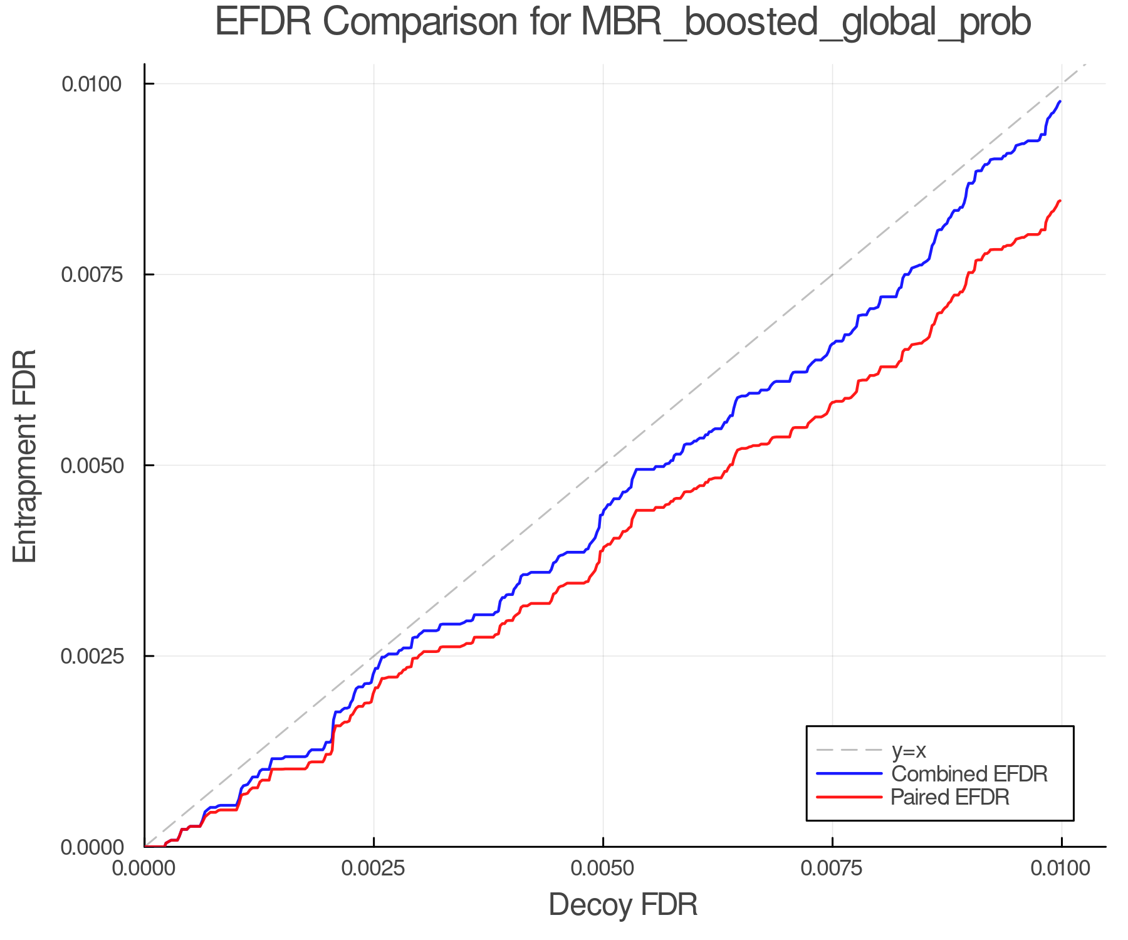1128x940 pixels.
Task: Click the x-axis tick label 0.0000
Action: [x=145, y=869]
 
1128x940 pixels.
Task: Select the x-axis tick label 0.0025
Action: [x=374, y=869]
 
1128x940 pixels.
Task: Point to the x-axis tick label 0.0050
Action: [x=603, y=869]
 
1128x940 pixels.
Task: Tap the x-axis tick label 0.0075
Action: [x=832, y=869]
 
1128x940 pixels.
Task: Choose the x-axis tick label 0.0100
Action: [x=1061, y=869]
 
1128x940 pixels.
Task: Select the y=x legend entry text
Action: [x=909, y=750]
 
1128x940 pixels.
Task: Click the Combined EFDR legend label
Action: [x=969, y=774]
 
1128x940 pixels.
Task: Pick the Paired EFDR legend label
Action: [x=950, y=797]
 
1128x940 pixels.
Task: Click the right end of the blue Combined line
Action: [x=1060, y=101]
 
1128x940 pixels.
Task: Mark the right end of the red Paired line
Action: [x=1060, y=201]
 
